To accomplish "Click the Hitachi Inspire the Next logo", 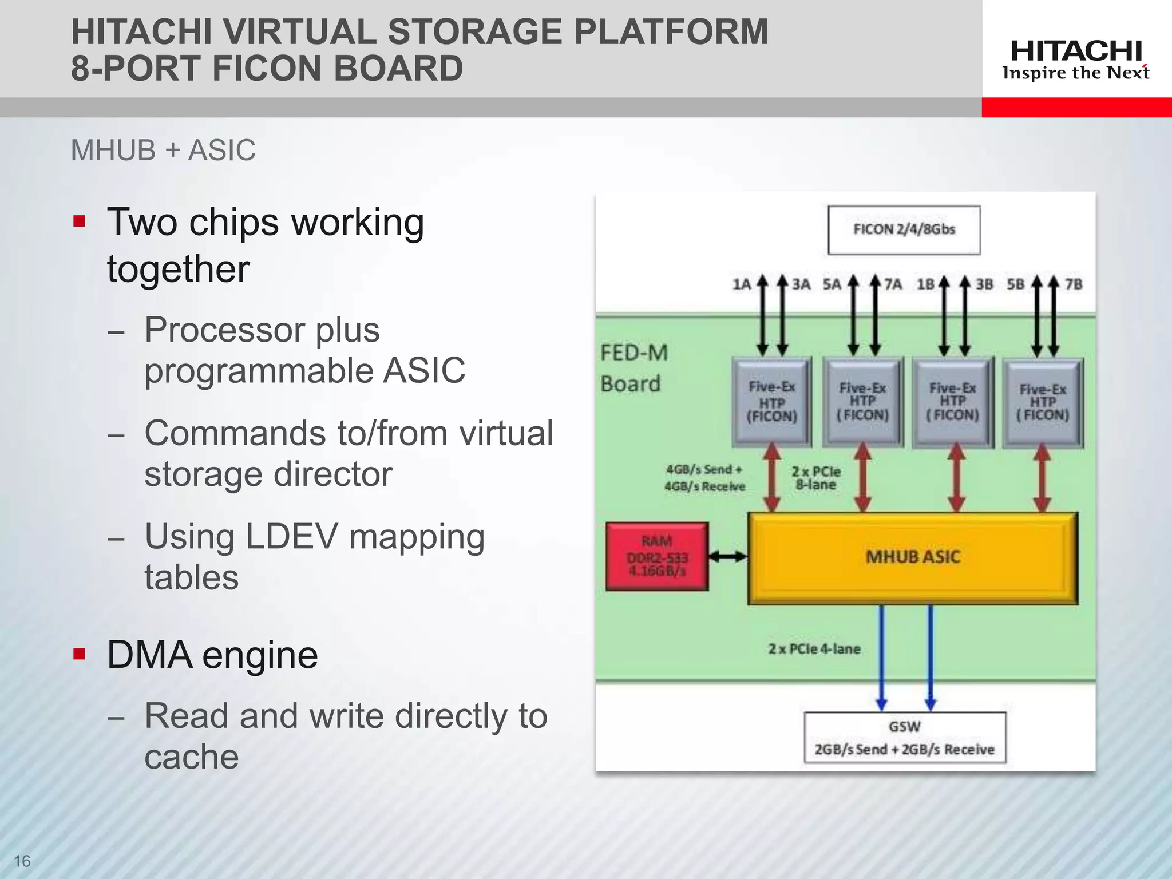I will (x=1076, y=60).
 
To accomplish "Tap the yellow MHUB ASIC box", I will (x=913, y=557).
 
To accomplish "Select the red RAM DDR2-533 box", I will (x=657, y=556).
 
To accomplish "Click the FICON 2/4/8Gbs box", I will (x=904, y=230).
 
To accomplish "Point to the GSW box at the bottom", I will (x=905, y=738).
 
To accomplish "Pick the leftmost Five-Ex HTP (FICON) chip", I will (x=772, y=402).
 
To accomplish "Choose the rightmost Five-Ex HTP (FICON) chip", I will (x=1043, y=402).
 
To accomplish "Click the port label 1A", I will (x=742, y=284).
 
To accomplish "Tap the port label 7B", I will (x=1074, y=284).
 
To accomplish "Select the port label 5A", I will (x=832, y=284).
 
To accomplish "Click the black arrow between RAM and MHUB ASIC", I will (x=728, y=556).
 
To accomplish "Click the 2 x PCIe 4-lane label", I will (x=814, y=649).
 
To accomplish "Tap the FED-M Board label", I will (x=633, y=368).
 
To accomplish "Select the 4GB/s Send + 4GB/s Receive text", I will (x=704, y=478).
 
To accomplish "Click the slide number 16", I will (x=22, y=861).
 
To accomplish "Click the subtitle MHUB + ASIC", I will (x=163, y=151).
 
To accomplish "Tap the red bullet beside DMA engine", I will (x=80, y=654).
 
